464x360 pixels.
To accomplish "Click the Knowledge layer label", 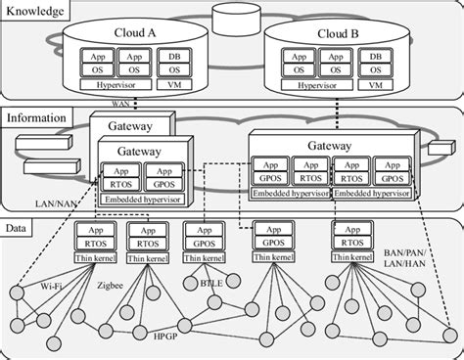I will coord(35,12).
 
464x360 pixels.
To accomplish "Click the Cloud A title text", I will coord(139,33).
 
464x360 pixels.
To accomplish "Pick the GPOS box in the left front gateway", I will coord(161,182).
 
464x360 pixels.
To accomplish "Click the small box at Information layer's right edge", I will coord(438,151).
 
